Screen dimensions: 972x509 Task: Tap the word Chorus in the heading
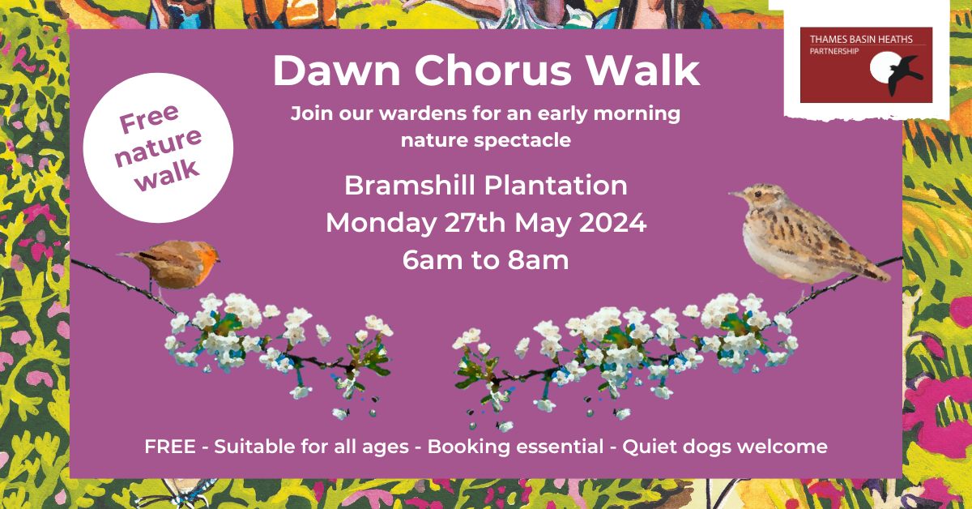(x=493, y=71)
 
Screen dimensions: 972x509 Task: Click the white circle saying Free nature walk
(x=159, y=148)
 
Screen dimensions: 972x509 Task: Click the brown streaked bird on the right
(x=803, y=237)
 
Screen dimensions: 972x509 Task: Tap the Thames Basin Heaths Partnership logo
(x=866, y=65)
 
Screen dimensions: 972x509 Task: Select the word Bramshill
(x=410, y=186)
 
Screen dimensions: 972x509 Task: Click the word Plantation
(x=556, y=186)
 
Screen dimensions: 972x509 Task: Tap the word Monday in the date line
(x=381, y=224)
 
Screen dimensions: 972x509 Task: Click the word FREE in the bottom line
(x=169, y=447)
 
